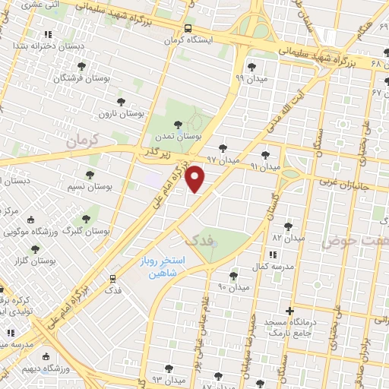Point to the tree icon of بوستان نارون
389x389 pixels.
point(120,101)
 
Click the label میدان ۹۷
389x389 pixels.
point(223,160)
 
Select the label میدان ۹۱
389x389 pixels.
point(265,165)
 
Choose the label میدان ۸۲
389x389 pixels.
point(288,239)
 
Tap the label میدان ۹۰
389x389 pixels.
point(233,286)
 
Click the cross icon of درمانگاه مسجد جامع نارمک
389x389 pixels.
point(289,310)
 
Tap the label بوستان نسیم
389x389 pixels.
point(90,186)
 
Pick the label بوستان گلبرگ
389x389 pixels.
point(87,229)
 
